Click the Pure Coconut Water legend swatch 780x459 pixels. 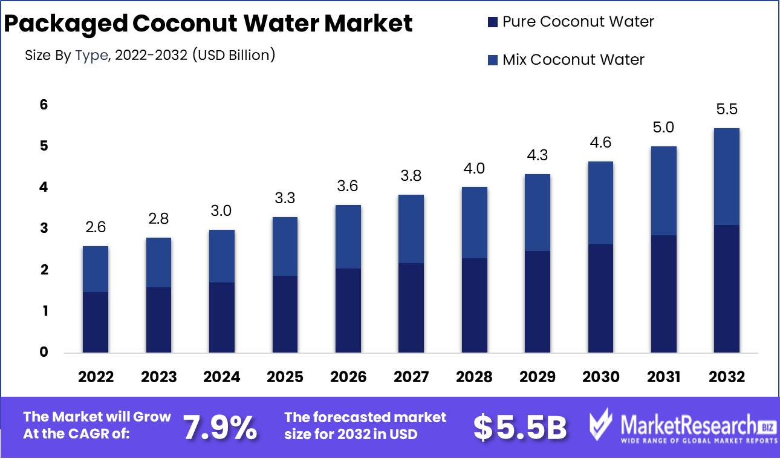coord(492,22)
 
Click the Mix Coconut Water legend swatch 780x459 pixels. coord(492,60)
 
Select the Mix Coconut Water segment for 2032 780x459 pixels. coord(726,177)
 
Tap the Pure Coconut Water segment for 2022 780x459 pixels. coord(96,322)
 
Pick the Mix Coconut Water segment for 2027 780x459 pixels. coord(411,229)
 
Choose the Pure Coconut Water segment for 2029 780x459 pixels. coord(538,302)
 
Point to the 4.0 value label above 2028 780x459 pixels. coord(474,168)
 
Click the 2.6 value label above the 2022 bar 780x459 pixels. coord(96,227)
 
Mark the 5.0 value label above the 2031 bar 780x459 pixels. coord(663,128)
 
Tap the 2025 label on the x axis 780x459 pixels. coord(285,377)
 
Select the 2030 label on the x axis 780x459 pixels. coord(600,377)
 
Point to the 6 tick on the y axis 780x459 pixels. coord(43,105)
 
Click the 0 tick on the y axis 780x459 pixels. coord(43,352)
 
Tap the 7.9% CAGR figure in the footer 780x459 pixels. coord(219,427)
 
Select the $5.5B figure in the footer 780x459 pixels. coord(519,428)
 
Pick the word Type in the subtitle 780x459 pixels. coord(91,56)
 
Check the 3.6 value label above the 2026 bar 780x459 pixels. coord(348,186)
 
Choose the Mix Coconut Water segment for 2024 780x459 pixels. coord(221,256)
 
